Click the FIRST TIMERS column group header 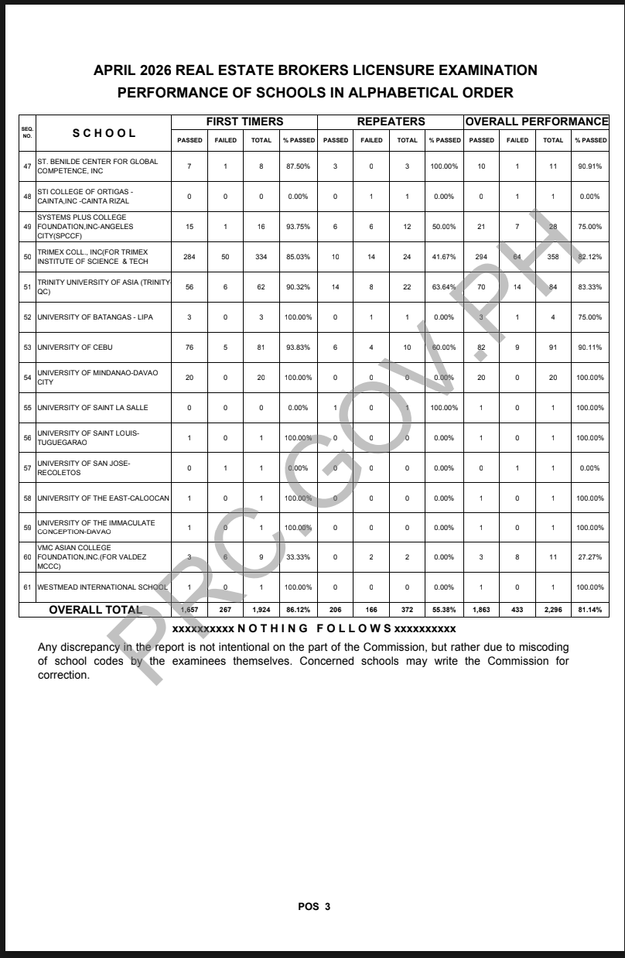244,121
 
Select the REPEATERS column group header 391,121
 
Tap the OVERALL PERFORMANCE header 537,121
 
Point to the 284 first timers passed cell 189,256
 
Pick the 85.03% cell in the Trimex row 298,256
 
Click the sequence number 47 27,166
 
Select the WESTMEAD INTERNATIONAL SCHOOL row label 102,587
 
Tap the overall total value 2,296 553,610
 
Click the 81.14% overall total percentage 589,610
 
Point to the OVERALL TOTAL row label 96,610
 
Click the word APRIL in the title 116,70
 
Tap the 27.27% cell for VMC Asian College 589,557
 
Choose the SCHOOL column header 104,133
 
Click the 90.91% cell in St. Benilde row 589,166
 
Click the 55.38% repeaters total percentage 444,610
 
